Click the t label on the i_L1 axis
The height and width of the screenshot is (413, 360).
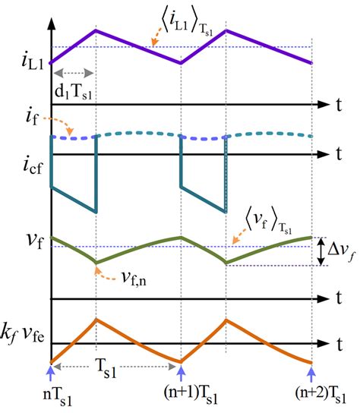coord(339,101)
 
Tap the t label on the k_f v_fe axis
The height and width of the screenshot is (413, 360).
coord(339,344)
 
